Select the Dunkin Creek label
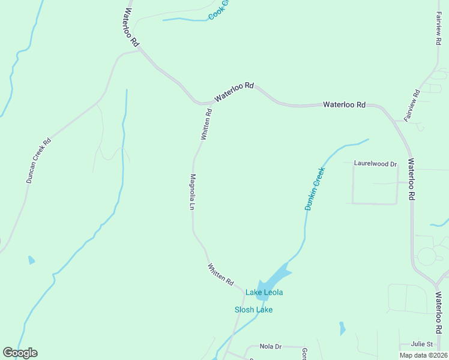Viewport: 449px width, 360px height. tap(315, 188)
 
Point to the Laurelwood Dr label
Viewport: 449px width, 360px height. tap(376, 163)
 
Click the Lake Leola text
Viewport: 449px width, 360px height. tap(264, 292)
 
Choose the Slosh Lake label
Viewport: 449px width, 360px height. tap(253, 310)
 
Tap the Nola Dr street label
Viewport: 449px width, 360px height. tap(270, 346)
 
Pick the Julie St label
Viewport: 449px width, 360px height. tap(423, 344)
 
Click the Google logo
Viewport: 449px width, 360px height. tap(20, 353)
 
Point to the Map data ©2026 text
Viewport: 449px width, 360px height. tap(423, 355)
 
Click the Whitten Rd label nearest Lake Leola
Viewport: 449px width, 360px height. tap(220, 274)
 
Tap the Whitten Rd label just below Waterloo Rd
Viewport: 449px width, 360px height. tap(206, 124)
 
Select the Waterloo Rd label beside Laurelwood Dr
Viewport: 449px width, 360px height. tap(411, 179)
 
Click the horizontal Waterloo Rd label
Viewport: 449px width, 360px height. tap(344, 104)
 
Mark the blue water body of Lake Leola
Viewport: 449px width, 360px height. tap(274, 278)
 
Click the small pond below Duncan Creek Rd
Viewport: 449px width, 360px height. tap(31, 260)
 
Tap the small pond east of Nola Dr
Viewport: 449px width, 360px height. tap(342, 328)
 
